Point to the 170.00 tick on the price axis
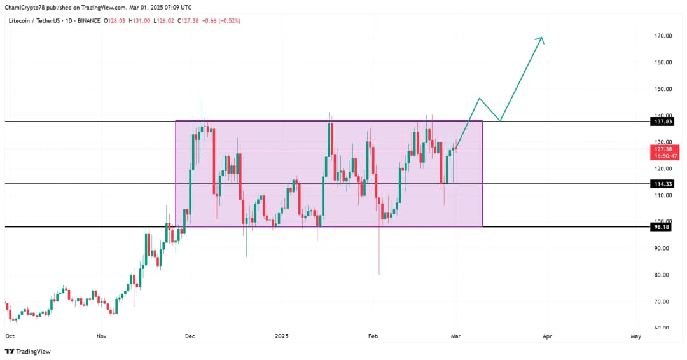click(662, 36)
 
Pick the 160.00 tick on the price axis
click(662, 62)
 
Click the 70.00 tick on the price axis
click(662, 301)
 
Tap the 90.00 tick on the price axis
click(662, 248)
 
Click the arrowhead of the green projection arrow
click(541, 38)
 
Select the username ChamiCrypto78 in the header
click(27, 6)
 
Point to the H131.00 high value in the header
click(139, 20)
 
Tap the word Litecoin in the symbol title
click(20, 20)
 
